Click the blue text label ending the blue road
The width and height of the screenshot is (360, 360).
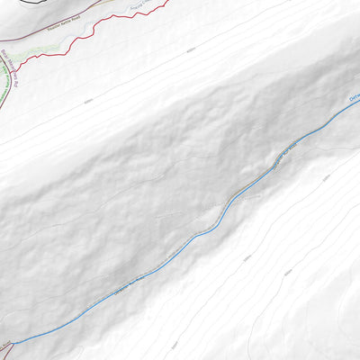click(353, 101)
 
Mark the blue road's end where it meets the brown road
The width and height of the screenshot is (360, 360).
click(13, 343)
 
